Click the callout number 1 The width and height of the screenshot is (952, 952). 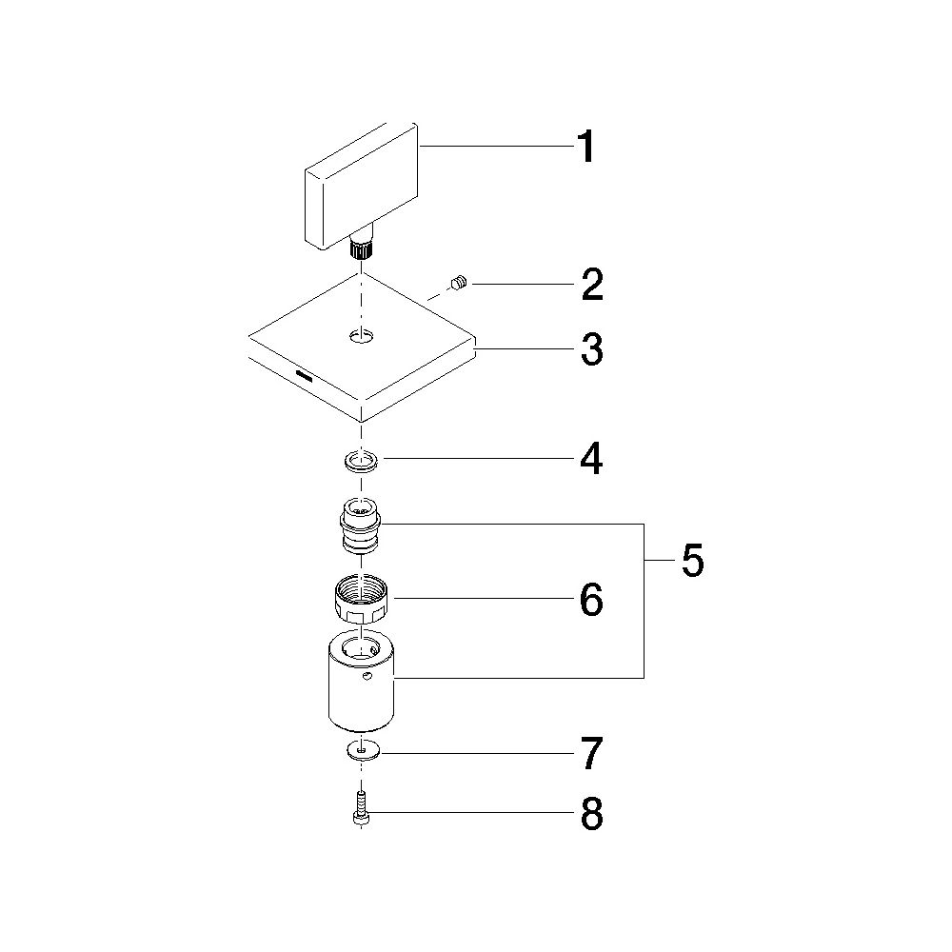[585, 147]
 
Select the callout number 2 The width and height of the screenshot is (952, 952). [592, 285]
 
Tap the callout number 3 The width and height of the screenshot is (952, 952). [592, 349]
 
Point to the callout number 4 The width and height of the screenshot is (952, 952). [592, 459]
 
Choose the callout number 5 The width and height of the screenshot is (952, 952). [693, 561]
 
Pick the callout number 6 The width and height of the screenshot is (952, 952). [591, 600]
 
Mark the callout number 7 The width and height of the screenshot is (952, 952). [592, 753]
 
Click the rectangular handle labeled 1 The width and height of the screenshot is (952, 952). [361, 187]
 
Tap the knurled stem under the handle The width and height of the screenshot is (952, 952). [361, 248]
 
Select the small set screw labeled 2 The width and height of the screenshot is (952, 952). [459, 283]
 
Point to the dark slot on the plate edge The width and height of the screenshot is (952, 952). [304, 374]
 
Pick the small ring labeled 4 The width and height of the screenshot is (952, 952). [361, 462]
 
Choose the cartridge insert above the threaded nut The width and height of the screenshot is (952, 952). [361, 526]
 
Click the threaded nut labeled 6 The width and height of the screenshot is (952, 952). [361, 600]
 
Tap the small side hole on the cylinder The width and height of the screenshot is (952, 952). [366, 676]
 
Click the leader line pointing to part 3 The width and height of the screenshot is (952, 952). [525, 349]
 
